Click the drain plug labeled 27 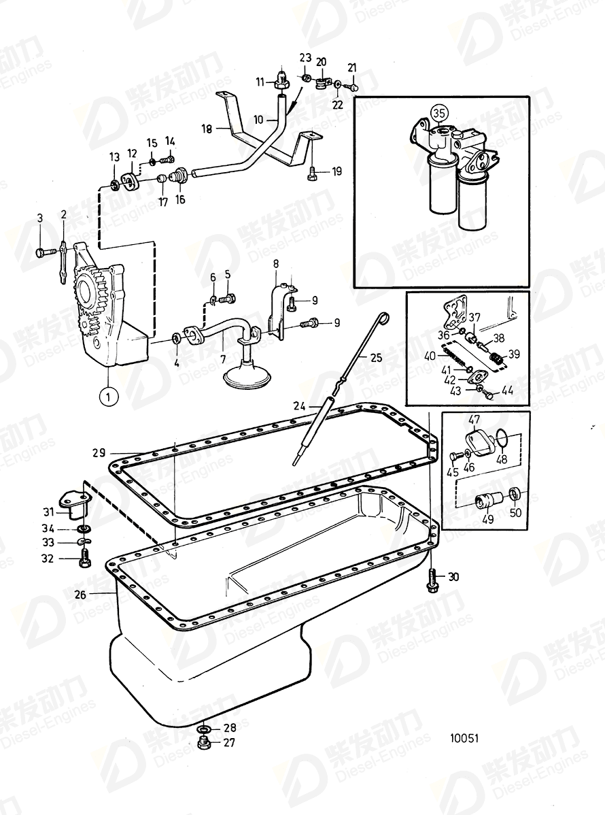click(x=203, y=743)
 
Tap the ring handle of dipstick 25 click(x=383, y=316)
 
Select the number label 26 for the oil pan click(x=80, y=594)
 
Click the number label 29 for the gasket click(x=99, y=452)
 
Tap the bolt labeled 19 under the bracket click(x=312, y=173)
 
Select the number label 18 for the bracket click(x=207, y=127)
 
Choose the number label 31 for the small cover click(x=48, y=512)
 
